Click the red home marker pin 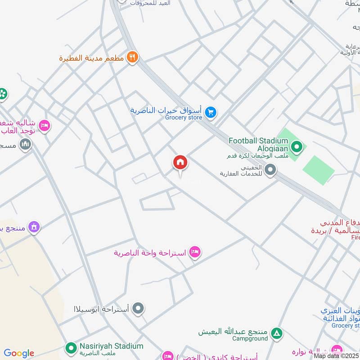180,163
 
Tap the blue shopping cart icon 210,112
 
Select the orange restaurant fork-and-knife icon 132,57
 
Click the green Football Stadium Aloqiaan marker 296,146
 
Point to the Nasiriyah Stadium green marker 71,348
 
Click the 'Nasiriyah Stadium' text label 111,346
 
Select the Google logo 19,353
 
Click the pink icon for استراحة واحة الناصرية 194,252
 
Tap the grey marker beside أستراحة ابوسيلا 139,309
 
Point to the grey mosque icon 26,144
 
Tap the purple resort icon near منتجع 33,227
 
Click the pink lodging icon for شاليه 44,125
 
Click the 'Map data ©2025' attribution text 336,355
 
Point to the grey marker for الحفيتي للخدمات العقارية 270,170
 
